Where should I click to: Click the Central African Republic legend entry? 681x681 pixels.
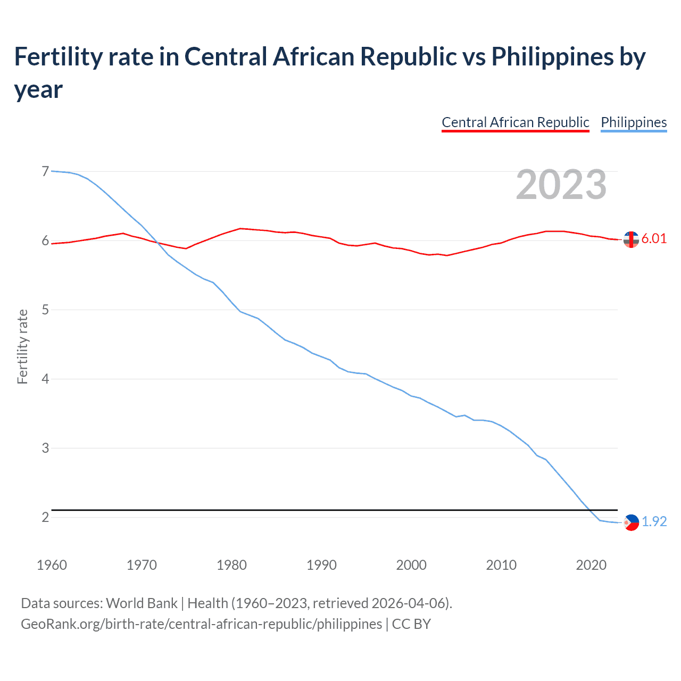515,122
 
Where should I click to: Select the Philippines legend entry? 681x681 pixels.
633,122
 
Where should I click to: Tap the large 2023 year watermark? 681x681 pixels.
561,185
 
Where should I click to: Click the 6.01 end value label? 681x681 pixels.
654,239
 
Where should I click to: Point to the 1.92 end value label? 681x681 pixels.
654,522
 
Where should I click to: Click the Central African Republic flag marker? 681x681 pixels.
631,240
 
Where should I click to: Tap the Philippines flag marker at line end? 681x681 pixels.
631,523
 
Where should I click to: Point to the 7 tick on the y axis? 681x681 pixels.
45,171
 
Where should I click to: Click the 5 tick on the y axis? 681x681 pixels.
45,310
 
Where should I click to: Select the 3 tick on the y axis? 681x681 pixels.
45,448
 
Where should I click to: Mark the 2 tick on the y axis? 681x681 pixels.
45,517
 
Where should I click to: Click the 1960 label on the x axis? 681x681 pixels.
52,565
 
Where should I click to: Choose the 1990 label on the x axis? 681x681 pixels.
321,565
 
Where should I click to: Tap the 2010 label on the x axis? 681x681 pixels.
501,565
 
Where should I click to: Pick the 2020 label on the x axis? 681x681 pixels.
591,565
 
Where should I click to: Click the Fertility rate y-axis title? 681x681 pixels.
22,346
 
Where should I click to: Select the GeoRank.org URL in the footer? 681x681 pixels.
201,624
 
